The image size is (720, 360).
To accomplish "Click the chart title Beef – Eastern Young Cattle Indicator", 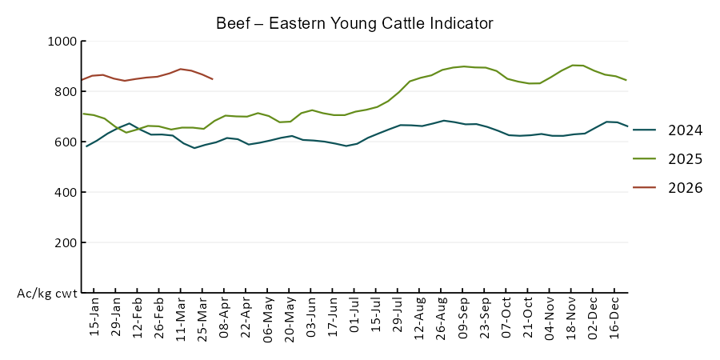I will (x=354, y=22).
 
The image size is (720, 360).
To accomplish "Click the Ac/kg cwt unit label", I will (x=47, y=294).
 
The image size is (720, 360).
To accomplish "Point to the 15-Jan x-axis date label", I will (x=94, y=318).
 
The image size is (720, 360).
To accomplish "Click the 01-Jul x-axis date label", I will (x=354, y=318).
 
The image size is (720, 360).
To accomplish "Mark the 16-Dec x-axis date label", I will (x=614, y=318).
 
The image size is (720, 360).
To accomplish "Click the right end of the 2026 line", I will (x=212, y=79).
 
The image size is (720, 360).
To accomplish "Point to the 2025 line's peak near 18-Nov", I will (x=572, y=65).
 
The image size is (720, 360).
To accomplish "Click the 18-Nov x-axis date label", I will (x=571, y=318).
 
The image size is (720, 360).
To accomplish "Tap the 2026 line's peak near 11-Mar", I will (x=181, y=69).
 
